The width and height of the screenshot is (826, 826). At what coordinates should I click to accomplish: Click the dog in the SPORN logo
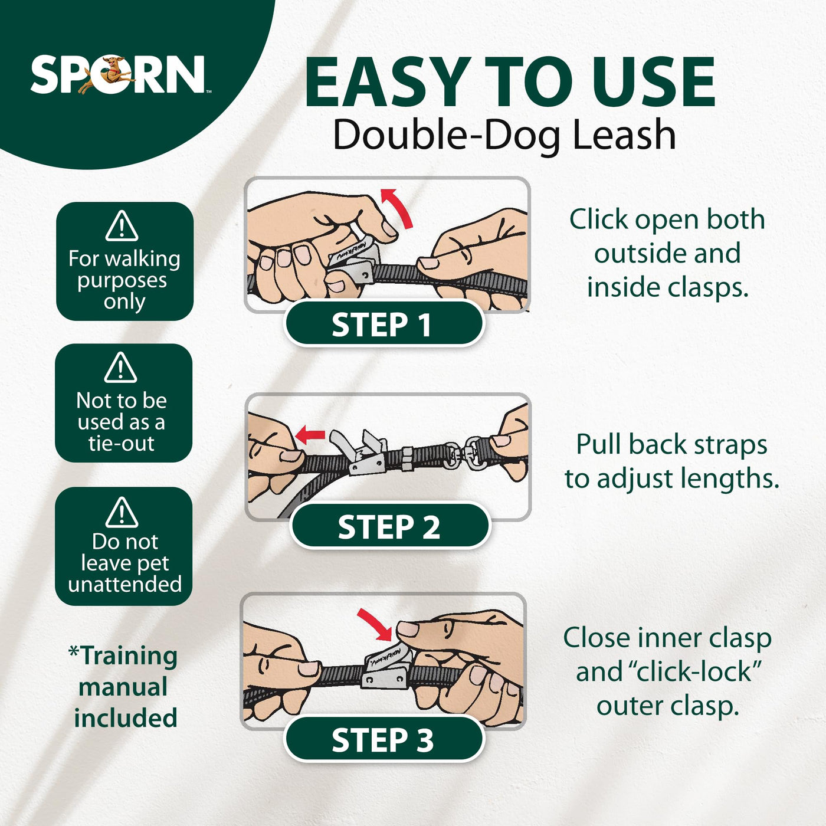107,74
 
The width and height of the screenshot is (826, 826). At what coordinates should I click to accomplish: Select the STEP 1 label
383,324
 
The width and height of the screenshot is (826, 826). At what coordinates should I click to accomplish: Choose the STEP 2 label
389,527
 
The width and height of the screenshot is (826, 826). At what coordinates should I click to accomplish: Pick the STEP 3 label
383,740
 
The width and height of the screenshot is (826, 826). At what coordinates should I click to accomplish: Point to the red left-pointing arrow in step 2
310,435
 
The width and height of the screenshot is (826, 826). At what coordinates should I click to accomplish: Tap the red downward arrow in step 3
375,624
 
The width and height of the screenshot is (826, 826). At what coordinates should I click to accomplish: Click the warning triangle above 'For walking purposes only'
122,226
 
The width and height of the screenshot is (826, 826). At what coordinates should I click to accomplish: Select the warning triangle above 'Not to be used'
120,368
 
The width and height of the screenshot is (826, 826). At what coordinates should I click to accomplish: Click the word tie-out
122,443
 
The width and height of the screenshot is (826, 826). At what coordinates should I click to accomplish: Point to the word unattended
124,584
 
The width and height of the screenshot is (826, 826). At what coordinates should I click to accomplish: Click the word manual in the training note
123,687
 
